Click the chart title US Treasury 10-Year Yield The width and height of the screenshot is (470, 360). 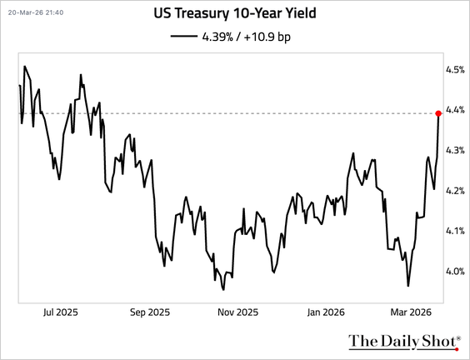click(x=235, y=13)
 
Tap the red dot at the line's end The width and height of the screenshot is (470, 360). click(x=438, y=113)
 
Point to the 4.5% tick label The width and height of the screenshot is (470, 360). click(x=455, y=70)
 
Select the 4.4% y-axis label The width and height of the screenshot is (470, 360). click(x=455, y=110)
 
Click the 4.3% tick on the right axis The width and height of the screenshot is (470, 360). click(x=455, y=150)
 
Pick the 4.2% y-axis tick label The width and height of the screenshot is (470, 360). click(x=455, y=191)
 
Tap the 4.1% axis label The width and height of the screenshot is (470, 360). click(x=455, y=231)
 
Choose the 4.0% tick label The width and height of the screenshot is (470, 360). click(x=455, y=272)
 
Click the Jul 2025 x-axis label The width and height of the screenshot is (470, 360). click(x=61, y=312)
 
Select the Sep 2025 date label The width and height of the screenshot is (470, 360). click(x=150, y=312)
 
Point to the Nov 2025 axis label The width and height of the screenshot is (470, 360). click(x=237, y=312)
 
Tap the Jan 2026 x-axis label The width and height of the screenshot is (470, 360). click(x=326, y=312)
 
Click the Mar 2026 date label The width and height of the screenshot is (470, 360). click(x=411, y=312)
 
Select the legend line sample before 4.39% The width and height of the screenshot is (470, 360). click(x=184, y=37)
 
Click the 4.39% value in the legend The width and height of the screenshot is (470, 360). click(x=217, y=37)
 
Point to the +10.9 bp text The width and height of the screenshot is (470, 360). click(x=267, y=37)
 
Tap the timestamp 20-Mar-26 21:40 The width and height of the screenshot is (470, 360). click(x=36, y=12)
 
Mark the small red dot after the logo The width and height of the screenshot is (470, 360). click(x=457, y=349)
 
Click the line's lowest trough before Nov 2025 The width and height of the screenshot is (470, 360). click(x=223, y=289)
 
